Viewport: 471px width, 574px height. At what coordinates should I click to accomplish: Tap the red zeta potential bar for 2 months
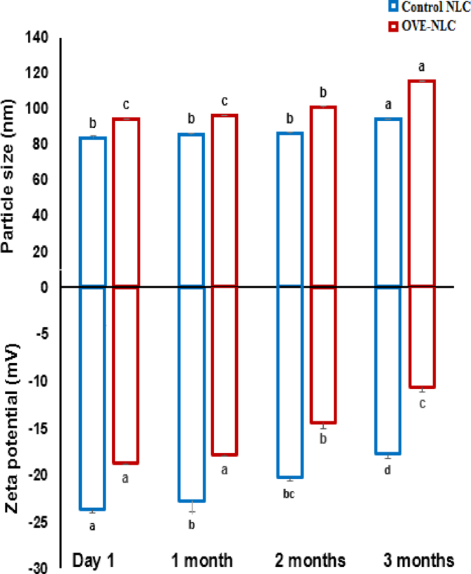pyautogui.click(x=323, y=354)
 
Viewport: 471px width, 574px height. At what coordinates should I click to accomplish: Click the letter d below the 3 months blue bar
pyautogui.click(x=387, y=470)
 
